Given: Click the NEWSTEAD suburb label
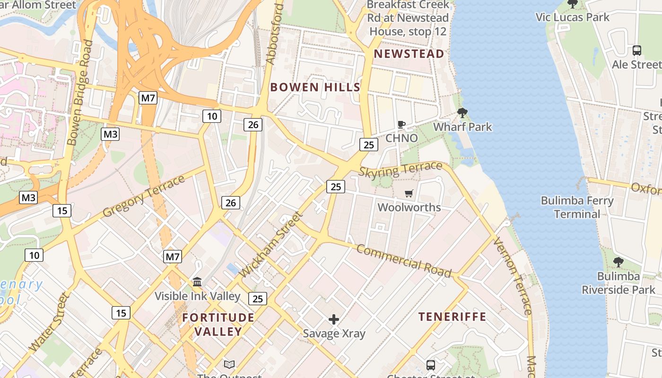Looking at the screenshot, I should point(409,54).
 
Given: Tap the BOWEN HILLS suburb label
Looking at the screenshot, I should point(315,87).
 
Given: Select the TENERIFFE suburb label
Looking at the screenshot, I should point(452,317).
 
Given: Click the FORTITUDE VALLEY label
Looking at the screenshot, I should point(218,324).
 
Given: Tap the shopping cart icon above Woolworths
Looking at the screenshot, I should point(409,193).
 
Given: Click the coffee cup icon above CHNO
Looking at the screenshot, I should point(401,125).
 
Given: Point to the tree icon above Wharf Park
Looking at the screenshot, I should point(462,113).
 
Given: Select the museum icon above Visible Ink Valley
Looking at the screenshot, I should point(197,282).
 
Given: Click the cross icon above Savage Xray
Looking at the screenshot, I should point(334,319).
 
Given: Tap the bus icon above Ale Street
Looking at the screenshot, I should point(636,50).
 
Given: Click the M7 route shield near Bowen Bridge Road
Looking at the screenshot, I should point(148,98).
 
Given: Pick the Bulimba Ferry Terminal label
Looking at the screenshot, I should point(577,207).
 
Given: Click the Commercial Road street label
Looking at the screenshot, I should point(404,260).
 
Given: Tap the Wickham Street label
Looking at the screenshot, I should point(270,245).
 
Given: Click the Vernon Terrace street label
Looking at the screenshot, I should point(512,276).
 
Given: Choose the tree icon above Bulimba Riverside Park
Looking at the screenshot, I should point(618,262).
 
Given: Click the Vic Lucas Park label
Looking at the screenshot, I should point(572,17).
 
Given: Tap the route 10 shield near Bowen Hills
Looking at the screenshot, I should point(212,116).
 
